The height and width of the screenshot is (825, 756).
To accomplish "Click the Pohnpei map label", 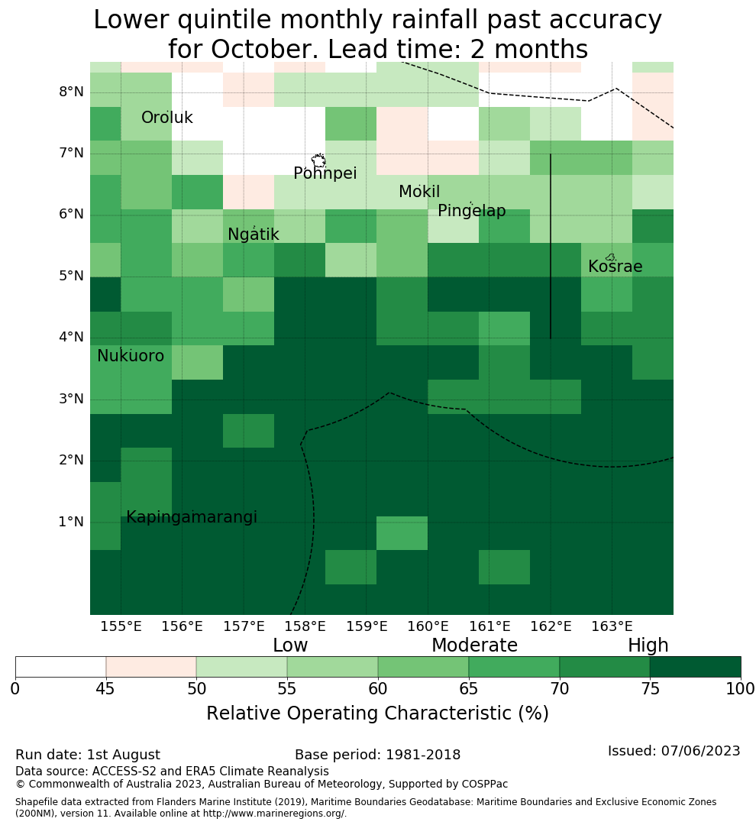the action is coord(325,173).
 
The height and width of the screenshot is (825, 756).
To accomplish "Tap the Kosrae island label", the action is coord(615,267).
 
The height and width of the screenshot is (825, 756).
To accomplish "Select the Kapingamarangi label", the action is coord(192,517).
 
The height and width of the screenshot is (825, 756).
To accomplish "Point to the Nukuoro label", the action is coord(131,356).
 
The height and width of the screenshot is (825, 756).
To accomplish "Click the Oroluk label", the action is coord(166,118).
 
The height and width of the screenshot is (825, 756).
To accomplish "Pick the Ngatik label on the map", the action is coord(253,235).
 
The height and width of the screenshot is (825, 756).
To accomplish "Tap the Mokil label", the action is coord(419,192).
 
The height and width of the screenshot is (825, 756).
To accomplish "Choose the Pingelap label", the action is coord(471,211).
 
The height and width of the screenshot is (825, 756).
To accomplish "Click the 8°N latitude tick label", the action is coord(71,92).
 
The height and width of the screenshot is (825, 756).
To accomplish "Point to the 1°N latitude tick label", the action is coord(71,522).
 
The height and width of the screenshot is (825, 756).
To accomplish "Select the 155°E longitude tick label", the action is coord(121,626).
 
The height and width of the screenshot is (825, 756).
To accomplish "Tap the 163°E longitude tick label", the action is coord(612,626).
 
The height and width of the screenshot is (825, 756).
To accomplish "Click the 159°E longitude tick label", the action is coord(367,626).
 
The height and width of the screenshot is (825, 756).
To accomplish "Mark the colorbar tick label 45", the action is coord(105,689).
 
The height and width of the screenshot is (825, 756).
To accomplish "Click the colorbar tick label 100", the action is coord(741,689).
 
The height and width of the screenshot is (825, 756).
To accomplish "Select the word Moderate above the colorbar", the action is coord(474,645).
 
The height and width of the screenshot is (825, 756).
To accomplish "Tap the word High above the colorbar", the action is coord(648,645).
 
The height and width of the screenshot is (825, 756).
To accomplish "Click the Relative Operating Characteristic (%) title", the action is coord(377,713).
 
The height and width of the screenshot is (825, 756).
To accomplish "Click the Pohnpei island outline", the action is coord(318,160).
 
